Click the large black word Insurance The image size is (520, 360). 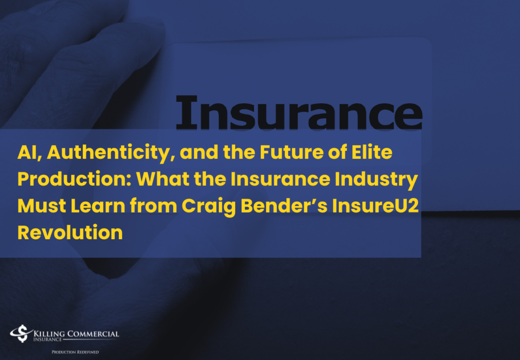tap(299, 112)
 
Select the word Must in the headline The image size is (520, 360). tap(42, 206)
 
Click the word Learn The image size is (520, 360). tap(98, 206)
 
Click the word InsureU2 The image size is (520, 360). tap(375, 206)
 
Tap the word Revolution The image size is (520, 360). tap(70, 233)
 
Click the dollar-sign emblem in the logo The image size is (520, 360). tap(21, 334)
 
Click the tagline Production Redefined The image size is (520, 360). tap(75, 352)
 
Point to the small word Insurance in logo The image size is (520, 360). tap(47, 340)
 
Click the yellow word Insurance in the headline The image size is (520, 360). tap(280, 179)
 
